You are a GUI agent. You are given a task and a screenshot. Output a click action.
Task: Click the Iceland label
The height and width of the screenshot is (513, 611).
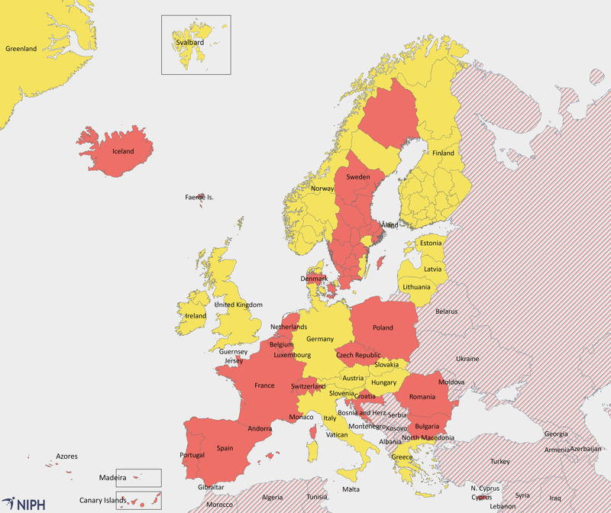click(x=123, y=151)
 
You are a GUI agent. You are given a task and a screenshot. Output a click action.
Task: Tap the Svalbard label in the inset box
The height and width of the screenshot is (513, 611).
click(x=189, y=43)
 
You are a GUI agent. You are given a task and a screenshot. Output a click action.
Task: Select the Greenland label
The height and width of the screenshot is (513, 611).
click(x=21, y=49)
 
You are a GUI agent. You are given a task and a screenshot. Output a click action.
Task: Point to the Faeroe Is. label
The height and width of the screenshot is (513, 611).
click(x=199, y=197)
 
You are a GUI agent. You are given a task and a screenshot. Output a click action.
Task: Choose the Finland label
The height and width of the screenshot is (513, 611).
click(x=443, y=153)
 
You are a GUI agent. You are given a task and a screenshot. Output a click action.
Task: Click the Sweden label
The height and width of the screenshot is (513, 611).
click(x=358, y=176)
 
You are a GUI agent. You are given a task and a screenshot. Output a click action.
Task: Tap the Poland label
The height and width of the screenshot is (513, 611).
click(x=383, y=327)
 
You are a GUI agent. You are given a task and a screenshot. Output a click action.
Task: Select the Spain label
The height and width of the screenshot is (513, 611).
click(x=225, y=448)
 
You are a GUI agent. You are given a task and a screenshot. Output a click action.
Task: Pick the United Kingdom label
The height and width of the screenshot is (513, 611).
click(x=238, y=305)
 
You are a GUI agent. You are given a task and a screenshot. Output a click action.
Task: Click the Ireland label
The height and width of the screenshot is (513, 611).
click(x=196, y=315)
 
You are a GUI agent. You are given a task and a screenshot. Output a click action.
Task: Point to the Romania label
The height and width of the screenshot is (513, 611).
click(x=422, y=396)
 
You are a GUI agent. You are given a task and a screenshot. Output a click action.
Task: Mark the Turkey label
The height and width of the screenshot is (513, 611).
click(x=499, y=461)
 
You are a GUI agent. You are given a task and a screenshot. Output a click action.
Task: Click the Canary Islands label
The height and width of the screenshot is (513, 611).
click(x=102, y=501)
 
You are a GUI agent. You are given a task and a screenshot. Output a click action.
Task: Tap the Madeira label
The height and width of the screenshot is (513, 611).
click(x=112, y=478)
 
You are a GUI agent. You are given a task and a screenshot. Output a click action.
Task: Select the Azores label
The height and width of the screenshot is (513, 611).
click(x=66, y=457)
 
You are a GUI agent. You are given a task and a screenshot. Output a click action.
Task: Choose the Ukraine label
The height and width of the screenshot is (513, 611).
click(x=467, y=358)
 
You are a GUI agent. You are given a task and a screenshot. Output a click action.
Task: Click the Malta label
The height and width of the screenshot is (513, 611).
click(x=351, y=489)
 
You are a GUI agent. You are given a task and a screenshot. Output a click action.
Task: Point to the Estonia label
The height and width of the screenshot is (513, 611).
click(x=430, y=243)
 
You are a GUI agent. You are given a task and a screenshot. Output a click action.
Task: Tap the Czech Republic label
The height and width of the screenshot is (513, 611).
click(x=358, y=355)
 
